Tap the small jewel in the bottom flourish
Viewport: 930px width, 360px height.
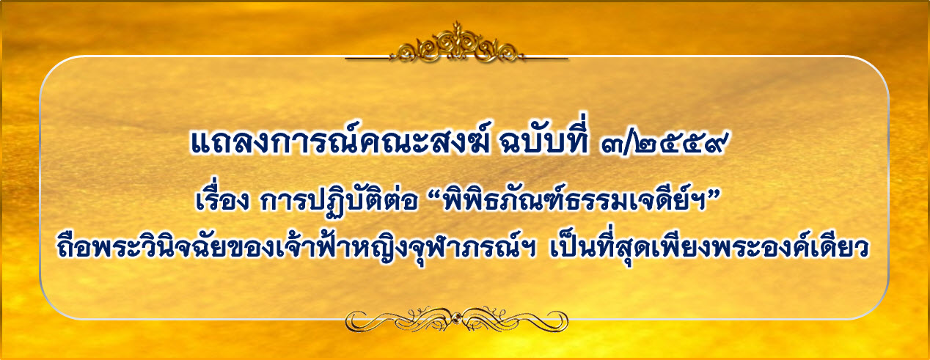click(x=457, y=318)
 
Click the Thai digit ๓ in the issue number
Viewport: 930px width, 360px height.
click(x=612, y=144)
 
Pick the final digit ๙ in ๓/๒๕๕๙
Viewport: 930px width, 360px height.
click(x=715, y=143)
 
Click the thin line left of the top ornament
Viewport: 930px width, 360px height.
click(x=368, y=59)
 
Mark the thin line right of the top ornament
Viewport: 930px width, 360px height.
click(x=545, y=59)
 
